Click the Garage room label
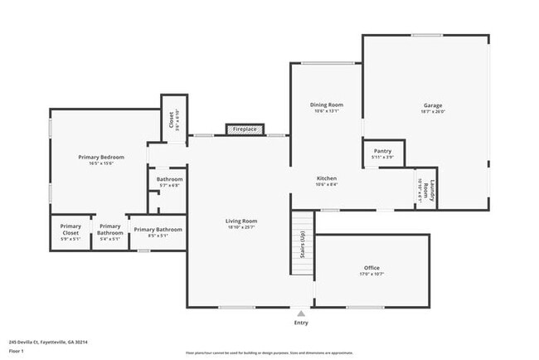click(432, 105)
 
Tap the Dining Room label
click(326, 105)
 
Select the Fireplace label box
click(245, 129)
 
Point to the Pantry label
click(382, 151)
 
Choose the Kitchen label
click(326, 178)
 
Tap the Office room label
click(371, 268)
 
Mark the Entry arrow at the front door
click(300, 314)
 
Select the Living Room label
click(242, 221)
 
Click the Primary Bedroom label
click(101, 157)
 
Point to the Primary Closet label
click(70, 230)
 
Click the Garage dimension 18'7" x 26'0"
click(432, 112)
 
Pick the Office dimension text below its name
click(371, 275)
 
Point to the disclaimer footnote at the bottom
click(269, 353)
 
